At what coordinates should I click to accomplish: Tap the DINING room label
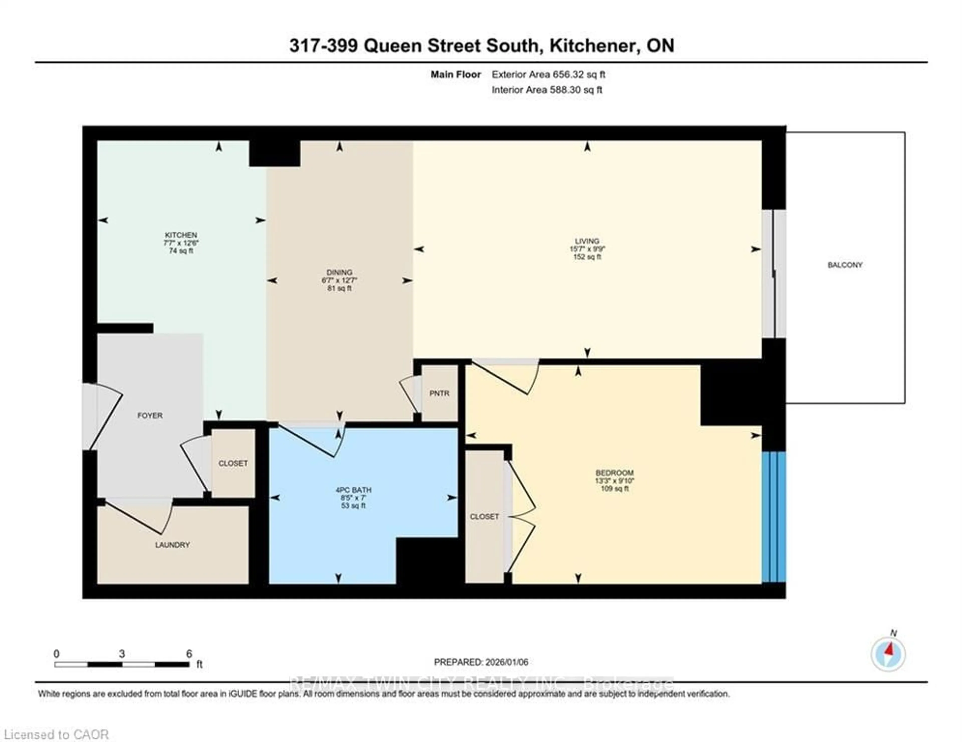pos(339,272)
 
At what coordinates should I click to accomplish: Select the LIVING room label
pos(587,241)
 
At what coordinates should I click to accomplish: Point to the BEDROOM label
pos(615,473)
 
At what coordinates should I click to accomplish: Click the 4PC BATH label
pos(353,490)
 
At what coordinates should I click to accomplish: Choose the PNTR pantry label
pos(439,393)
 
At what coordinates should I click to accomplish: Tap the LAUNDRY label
pos(172,545)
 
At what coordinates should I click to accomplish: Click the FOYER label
pos(150,415)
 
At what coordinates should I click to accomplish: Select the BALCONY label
pos(845,265)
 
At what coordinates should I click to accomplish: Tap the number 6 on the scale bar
pos(189,654)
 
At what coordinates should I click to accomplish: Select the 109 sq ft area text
pos(615,488)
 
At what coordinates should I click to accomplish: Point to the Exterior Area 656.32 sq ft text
pos(548,74)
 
